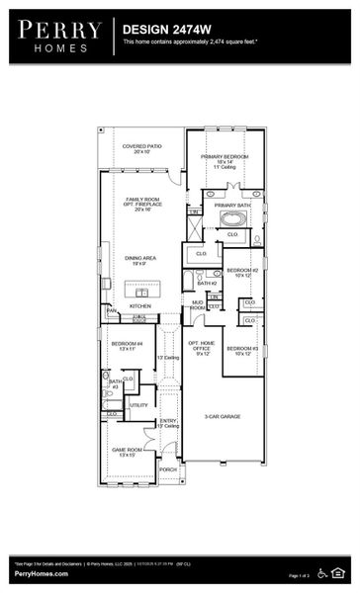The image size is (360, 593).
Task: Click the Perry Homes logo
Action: [56, 35]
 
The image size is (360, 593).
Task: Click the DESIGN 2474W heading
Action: [157, 31]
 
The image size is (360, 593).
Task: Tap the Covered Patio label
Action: [139, 149]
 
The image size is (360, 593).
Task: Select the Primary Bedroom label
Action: [225, 161]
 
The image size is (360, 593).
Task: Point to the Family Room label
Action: [140, 204]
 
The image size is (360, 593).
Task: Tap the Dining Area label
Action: [139, 261]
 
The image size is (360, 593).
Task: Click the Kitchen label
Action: [139, 306]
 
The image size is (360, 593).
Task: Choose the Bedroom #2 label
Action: [241, 272]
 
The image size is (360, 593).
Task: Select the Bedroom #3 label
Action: [241, 350]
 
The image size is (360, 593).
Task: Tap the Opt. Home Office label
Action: [202, 347]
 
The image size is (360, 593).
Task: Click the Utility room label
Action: [138, 404]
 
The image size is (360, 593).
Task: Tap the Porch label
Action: [168, 469]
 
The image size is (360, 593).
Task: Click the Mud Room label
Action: [198, 305]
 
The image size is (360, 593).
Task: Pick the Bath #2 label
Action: [206, 283]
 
